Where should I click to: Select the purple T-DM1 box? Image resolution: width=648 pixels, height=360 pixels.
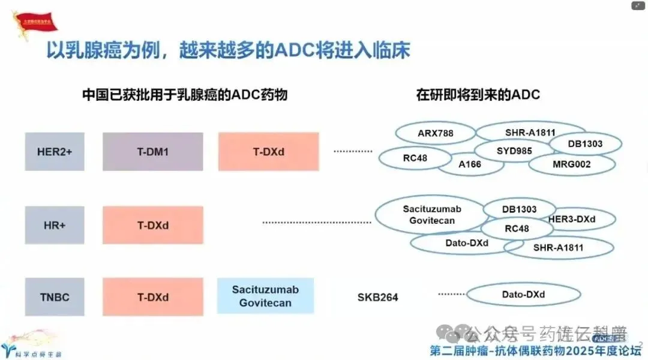coord(152,152)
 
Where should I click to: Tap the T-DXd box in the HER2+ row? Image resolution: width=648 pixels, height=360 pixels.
coord(268,152)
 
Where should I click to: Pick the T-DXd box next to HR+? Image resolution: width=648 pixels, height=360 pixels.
coord(152,226)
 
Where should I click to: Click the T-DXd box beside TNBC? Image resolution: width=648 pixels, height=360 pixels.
coord(152,297)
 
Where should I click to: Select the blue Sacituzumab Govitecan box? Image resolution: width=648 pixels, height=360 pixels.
coord(265,296)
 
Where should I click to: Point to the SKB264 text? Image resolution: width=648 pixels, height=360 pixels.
coord(378,297)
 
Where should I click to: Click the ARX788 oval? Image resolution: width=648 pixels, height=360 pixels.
coord(436,133)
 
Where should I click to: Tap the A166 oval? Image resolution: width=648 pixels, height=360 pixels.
coord(469,164)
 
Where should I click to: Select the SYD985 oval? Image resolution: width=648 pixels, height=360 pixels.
coord(514,151)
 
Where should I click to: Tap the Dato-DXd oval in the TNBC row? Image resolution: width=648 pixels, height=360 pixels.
coord(523,295)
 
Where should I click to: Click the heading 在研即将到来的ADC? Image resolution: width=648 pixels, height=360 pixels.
coord(478,94)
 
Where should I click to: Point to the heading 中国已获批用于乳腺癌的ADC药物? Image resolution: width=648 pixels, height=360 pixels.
coord(185,94)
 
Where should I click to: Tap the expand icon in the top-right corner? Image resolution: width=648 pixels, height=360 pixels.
coord(638,6)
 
